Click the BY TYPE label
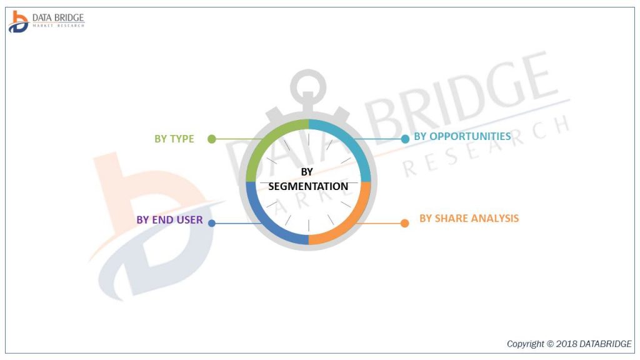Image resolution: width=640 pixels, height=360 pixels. point(174,139)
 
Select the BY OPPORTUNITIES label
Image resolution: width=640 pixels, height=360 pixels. point(462,136)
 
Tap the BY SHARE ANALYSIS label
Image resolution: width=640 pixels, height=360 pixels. point(469,218)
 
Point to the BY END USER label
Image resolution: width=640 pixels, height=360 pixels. point(169,220)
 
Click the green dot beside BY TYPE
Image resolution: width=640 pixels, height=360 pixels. point(212,139)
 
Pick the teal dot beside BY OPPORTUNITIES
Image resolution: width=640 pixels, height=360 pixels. point(405,139)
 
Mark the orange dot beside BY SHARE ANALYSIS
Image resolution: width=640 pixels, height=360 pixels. point(404,222)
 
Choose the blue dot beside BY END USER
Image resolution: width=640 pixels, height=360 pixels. point(212,222)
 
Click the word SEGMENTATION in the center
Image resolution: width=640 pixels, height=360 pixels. point(308,186)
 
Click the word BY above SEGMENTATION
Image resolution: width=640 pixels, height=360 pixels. point(307,171)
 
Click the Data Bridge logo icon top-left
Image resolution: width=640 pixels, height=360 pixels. point(18,21)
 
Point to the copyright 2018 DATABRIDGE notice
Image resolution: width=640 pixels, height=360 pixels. point(569,344)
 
